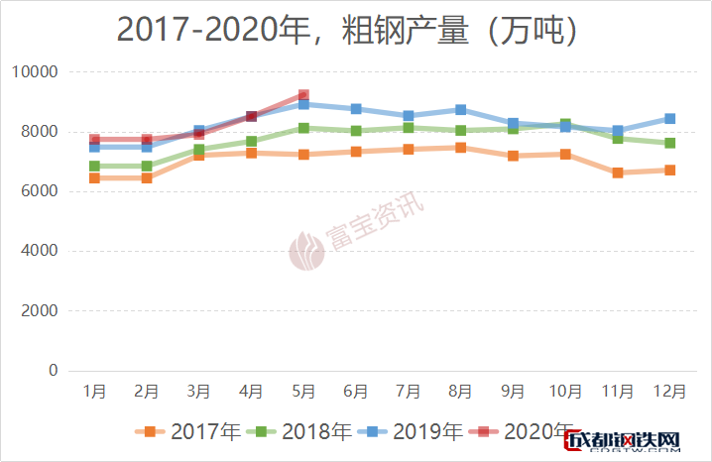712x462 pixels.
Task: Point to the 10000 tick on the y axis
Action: [x=36, y=72]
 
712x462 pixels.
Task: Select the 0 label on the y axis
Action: [x=53, y=371]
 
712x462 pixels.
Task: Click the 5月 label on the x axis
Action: [x=303, y=393]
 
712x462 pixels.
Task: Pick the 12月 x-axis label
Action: [x=669, y=393]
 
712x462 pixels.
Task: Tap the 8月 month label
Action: [x=460, y=393]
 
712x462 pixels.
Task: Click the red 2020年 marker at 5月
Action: [x=303, y=96]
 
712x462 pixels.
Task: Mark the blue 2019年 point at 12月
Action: [x=669, y=119]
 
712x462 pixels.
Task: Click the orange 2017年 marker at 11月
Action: [x=617, y=173]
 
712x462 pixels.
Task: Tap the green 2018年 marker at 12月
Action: [x=669, y=143]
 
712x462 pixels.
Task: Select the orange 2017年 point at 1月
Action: [x=95, y=177]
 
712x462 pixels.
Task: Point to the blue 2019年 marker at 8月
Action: [x=460, y=110]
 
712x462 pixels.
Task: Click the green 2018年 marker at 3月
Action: [x=199, y=150]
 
